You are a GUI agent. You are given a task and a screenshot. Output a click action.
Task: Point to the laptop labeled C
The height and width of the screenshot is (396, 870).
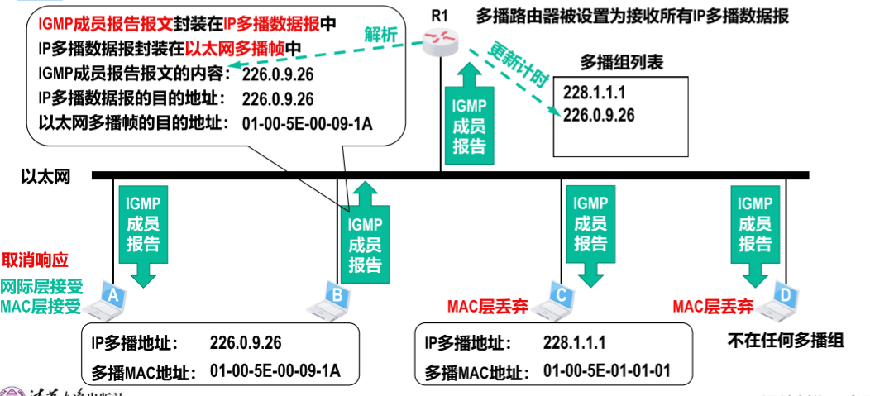pos(556,298)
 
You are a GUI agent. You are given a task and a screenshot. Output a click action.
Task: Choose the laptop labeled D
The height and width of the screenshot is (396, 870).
pos(781,298)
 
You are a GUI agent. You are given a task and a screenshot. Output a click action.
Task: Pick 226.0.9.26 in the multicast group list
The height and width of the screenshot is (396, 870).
pos(598,115)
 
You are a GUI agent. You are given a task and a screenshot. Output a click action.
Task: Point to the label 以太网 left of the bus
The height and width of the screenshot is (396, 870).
pos(43,176)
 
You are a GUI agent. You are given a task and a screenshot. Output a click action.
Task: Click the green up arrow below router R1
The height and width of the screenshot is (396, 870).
pos(470,112)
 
